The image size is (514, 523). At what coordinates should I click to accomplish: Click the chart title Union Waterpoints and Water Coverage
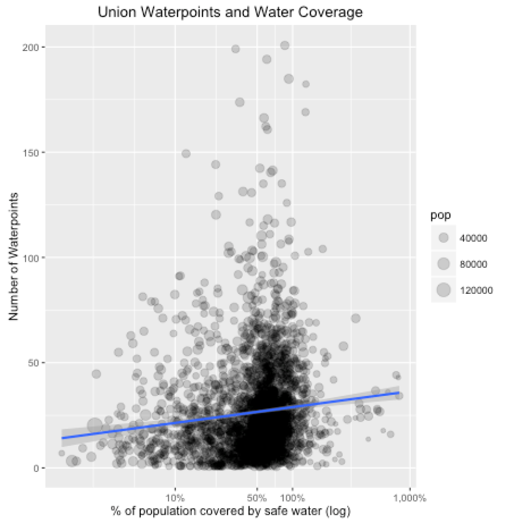230,12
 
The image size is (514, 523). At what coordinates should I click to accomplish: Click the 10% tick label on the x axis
175,496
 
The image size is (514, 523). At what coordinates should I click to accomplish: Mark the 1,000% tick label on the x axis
409,496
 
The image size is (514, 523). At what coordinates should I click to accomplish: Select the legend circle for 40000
444,237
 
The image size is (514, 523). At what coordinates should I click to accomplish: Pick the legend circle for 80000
444,264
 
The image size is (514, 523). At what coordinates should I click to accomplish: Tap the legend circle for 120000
444,291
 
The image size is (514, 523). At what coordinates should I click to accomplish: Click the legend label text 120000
476,291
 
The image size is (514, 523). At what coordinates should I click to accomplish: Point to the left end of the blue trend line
62,438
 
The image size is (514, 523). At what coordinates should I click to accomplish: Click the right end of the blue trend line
399,393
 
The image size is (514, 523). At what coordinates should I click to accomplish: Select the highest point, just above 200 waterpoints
285,46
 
